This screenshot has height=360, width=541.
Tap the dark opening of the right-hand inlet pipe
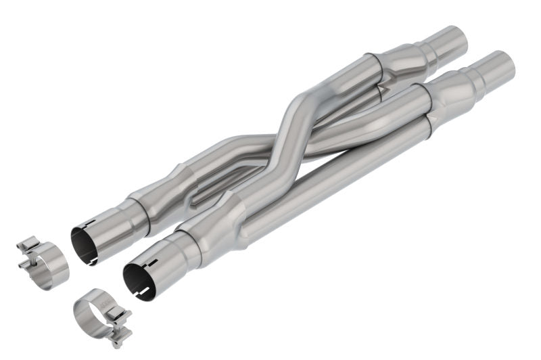139,277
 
